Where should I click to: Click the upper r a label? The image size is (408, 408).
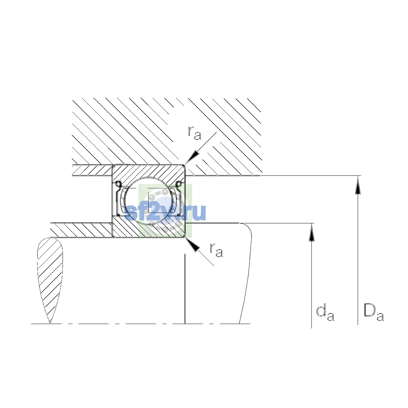point(194,133)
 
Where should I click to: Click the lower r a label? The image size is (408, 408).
point(216,250)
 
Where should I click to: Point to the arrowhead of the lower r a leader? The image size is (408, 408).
point(192,245)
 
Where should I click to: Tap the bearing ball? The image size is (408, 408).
point(151,201)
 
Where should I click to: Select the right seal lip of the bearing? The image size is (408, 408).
point(179,198)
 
